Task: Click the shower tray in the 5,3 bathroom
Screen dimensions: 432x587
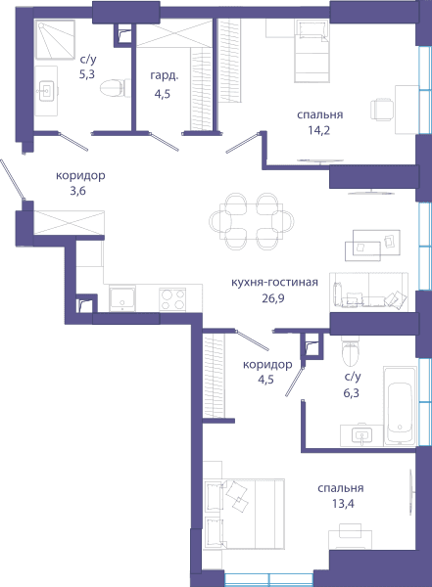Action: [x=56, y=39]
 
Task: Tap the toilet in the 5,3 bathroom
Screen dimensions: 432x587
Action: [x=116, y=88]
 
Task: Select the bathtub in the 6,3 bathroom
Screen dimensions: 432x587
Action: [x=400, y=406]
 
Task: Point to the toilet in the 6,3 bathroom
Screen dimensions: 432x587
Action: [x=351, y=350]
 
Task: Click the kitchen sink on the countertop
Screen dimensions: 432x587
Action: [x=122, y=298]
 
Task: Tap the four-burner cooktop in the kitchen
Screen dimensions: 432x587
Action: [x=172, y=299]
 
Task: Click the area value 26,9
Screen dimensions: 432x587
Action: [x=273, y=298]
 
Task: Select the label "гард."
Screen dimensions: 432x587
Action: [x=165, y=76]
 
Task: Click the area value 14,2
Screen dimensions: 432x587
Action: [x=319, y=131]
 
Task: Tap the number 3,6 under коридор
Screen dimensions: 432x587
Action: [x=77, y=191]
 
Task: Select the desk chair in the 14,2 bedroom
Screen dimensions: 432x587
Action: [x=382, y=110]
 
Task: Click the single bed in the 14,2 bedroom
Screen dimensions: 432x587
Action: [x=312, y=51]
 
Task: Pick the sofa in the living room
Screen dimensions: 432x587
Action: [x=369, y=292]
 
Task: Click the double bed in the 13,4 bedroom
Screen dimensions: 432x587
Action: [x=244, y=514]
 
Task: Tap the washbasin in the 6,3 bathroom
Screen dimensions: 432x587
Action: [x=362, y=435]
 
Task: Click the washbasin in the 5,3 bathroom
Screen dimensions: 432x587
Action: [x=46, y=91]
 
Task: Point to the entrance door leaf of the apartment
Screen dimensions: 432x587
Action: [x=13, y=179]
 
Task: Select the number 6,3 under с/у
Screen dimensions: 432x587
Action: [x=351, y=393]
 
